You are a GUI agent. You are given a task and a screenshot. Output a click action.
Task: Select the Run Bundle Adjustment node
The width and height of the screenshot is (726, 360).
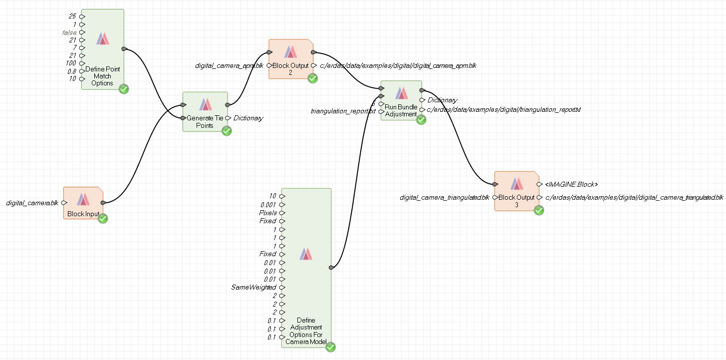tap(401, 100)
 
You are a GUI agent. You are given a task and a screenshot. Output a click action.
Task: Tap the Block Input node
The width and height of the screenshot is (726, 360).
tap(83, 203)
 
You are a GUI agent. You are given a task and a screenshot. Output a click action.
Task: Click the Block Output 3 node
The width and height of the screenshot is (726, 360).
tap(516, 191)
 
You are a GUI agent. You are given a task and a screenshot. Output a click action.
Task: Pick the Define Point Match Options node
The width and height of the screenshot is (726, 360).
tap(102, 49)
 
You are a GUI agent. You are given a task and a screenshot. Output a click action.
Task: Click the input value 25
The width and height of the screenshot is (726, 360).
tap(72, 16)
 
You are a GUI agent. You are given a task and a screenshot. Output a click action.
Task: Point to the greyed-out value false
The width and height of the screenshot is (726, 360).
tap(69, 32)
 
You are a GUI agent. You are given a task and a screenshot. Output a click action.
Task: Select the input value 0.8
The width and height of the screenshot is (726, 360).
tap(72, 71)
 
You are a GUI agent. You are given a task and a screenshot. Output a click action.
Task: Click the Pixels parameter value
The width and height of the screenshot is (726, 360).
tap(267, 213)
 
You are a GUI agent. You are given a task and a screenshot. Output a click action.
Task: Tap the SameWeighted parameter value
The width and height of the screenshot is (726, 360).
tap(253, 287)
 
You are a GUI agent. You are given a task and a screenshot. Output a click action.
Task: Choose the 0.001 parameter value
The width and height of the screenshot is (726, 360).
tap(267, 204)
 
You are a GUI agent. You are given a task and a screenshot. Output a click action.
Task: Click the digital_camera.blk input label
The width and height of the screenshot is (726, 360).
tap(32, 203)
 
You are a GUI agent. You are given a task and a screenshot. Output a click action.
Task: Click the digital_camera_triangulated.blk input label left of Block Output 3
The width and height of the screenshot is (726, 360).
tap(444, 198)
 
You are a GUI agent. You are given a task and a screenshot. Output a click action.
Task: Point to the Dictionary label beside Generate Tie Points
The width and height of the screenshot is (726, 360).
tap(248, 118)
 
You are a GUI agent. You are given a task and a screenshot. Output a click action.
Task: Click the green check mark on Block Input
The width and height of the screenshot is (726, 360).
tap(103, 219)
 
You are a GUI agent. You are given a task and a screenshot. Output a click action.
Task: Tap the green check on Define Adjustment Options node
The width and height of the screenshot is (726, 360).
tap(330, 347)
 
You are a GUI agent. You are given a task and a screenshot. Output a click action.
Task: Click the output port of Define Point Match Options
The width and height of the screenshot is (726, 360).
tap(124, 49)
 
